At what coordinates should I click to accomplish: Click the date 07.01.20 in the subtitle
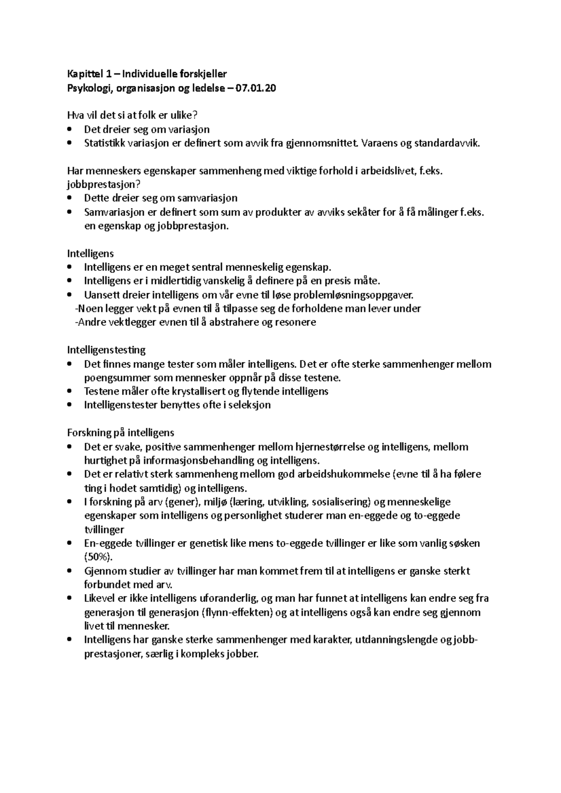pos(257,88)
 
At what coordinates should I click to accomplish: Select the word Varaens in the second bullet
pos(378,143)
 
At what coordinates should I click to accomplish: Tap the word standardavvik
pos(446,143)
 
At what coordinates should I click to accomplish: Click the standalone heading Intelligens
pos(91,254)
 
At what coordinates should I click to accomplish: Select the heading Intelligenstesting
pos(107,350)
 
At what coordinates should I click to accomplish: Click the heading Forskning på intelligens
pos(121,432)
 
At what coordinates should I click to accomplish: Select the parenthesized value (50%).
pos(99,557)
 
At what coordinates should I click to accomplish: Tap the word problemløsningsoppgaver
pos(365,295)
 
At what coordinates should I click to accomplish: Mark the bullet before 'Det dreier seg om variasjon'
pos(70,129)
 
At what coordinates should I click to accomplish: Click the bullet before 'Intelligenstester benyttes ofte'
pos(70,405)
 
